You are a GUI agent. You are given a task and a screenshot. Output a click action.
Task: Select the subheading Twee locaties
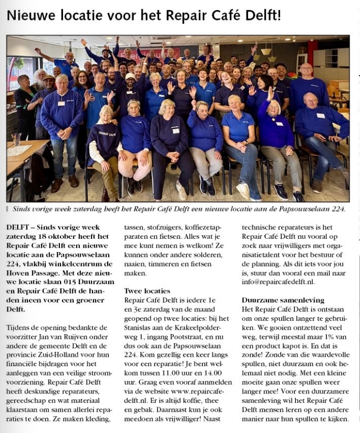(147, 291)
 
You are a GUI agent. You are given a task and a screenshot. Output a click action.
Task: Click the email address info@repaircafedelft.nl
(279, 282)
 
